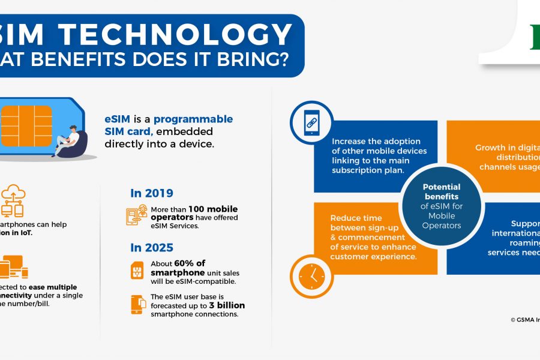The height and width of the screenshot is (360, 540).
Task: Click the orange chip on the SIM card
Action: (26, 122)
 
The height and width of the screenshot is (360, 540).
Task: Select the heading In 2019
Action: (152, 193)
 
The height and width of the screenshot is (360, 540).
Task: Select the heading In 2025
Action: (152, 247)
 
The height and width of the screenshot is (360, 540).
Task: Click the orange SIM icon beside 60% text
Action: (137, 270)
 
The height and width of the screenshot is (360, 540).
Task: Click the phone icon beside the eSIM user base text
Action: (137, 304)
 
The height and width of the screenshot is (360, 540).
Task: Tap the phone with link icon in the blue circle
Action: (311, 122)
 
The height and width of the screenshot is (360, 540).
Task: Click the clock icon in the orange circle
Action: (311, 276)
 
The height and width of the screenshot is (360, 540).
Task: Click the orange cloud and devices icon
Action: (12, 201)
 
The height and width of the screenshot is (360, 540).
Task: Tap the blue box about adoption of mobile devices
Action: (378, 155)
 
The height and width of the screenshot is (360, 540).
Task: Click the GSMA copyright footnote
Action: (522, 319)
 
